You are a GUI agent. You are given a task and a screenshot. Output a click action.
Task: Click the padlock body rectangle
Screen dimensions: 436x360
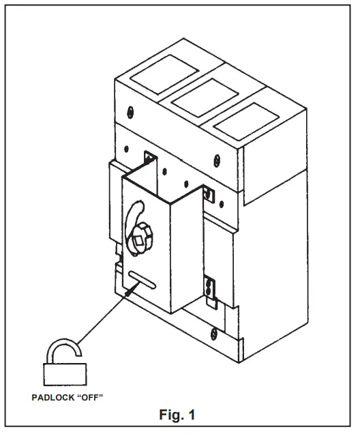click(65, 375)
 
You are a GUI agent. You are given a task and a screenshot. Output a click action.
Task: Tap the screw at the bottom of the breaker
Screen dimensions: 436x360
click(214, 334)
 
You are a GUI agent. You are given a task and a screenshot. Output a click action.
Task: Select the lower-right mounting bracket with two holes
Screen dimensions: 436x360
click(209, 286)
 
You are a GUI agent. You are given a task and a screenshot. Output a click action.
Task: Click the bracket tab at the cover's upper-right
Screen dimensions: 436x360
click(211, 195)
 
